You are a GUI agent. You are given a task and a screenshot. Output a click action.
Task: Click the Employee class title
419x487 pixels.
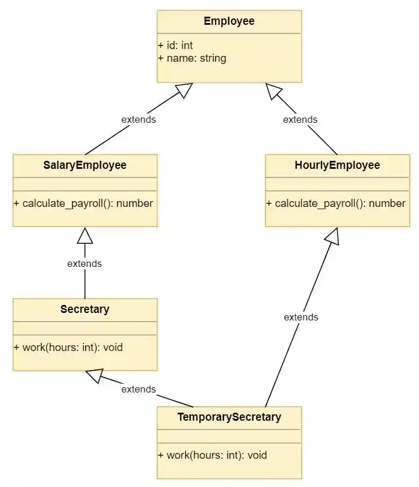pyautogui.click(x=229, y=21)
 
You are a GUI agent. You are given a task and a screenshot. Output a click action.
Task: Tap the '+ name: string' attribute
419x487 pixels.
pyautogui.click(x=192, y=58)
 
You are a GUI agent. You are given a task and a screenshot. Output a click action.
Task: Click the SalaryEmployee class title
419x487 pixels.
pyautogui.click(x=85, y=165)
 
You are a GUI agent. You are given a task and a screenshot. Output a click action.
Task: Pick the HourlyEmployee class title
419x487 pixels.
pyautogui.click(x=337, y=165)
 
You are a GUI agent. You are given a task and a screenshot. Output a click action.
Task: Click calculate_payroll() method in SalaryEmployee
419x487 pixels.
pyautogui.click(x=83, y=203)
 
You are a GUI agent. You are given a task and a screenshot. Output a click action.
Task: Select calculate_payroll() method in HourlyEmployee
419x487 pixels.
pyautogui.click(x=336, y=203)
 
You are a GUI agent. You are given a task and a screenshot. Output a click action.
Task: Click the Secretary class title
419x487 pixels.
pyautogui.click(x=85, y=309)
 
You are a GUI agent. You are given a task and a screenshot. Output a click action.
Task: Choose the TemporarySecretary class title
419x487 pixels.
pyautogui.click(x=229, y=417)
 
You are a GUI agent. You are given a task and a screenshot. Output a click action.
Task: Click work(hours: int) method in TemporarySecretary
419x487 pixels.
pyautogui.click(x=212, y=455)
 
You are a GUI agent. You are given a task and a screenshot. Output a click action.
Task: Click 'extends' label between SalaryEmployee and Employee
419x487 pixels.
pyautogui.click(x=139, y=119)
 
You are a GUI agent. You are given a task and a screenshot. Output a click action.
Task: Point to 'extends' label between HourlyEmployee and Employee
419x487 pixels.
pyautogui.click(x=300, y=119)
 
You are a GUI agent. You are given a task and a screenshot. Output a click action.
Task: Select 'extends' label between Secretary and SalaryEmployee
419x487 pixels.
pyautogui.click(x=84, y=263)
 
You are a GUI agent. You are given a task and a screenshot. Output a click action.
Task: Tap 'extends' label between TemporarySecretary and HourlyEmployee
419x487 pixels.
pyautogui.click(x=301, y=317)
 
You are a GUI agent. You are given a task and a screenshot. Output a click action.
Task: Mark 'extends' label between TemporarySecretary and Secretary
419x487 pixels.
pyautogui.click(x=139, y=389)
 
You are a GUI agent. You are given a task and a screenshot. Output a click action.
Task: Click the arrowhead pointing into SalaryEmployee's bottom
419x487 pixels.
pyautogui.click(x=85, y=235)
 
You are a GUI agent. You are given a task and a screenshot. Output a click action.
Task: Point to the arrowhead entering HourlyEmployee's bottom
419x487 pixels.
pyautogui.click(x=333, y=236)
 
